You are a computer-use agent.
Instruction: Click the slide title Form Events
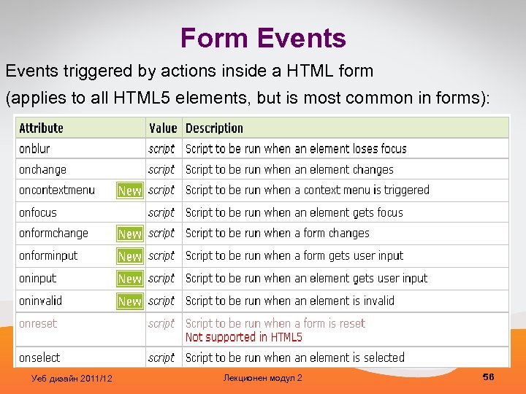(263, 38)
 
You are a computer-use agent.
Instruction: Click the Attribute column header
(41, 128)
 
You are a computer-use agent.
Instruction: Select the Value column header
(163, 128)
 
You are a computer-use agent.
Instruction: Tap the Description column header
(214, 128)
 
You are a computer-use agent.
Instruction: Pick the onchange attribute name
(42, 169)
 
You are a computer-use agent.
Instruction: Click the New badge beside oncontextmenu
(130, 190)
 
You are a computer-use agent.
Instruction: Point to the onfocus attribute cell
(38, 212)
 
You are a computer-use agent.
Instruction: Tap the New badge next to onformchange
(130, 233)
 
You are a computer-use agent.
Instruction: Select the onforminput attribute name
(48, 255)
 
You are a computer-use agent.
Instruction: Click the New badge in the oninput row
(130, 278)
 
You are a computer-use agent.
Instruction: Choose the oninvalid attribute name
(41, 301)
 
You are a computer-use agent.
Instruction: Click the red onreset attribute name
(38, 323)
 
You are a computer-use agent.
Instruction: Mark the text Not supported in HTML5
(243, 337)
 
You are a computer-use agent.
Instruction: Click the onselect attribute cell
(39, 358)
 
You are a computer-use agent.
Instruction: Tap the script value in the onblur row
(161, 148)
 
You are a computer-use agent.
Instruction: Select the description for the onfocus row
(294, 212)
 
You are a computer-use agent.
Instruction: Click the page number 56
(488, 376)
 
